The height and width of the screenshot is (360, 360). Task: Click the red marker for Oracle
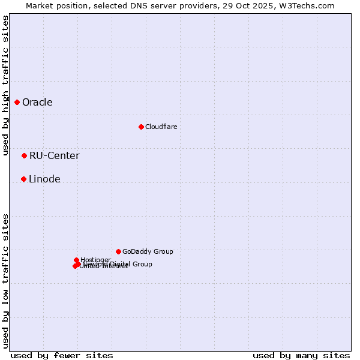pyautogui.click(x=17, y=102)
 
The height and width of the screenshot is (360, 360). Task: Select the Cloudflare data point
pyautogui.click(x=141, y=127)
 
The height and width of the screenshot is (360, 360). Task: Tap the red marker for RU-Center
pyautogui.click(x=24, y=155)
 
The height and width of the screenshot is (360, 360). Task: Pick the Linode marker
pyautogui.click(x=23, y=179)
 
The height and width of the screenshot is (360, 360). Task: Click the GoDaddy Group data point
pyautogui.click(x=118, y=251)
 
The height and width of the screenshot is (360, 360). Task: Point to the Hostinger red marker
pyautogui.click(x=76, y=260)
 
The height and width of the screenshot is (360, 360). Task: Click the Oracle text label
pyautogui.click(x=37, y=102)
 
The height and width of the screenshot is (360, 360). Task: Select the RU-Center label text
pyautogui.click(x=54, y=155)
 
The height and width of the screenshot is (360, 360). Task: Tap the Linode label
pyautogui.click(x=44, y=179)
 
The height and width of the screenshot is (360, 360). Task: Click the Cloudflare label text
pyautogui.click(x=161, y=127)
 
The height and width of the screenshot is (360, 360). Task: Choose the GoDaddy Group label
pyautogui.click(x=148, y=251)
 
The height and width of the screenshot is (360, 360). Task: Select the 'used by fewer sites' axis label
pyautogui.click(x=62, y=355)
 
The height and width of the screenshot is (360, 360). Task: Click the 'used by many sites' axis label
pyautogui.click(x=301, y=355)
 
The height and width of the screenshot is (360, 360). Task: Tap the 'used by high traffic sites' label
pyautogui.click(x=5, y=86)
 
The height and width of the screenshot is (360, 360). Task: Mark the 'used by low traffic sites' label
pyautogui.click(x=5, y=281)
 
